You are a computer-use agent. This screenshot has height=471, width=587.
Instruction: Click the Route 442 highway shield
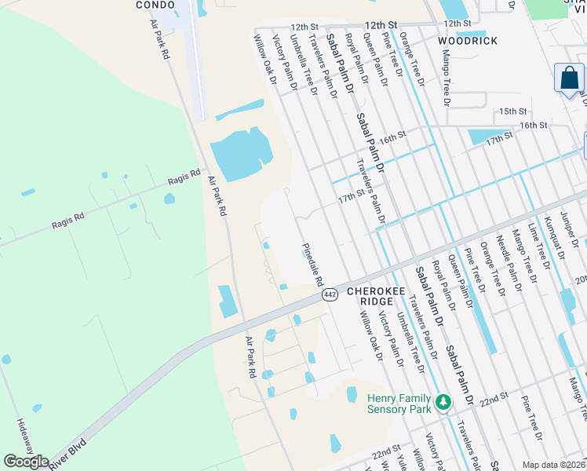330,294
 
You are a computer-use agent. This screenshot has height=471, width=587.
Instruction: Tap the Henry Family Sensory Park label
399,403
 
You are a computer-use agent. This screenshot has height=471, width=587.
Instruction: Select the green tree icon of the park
443,403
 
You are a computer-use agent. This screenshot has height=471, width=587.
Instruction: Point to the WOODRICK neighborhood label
468,40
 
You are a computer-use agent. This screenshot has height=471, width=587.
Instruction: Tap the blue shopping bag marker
569,79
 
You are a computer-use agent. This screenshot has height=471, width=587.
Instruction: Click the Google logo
27,462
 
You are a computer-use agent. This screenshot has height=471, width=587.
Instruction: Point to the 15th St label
512,111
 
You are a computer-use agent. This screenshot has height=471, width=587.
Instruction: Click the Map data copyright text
554,465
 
